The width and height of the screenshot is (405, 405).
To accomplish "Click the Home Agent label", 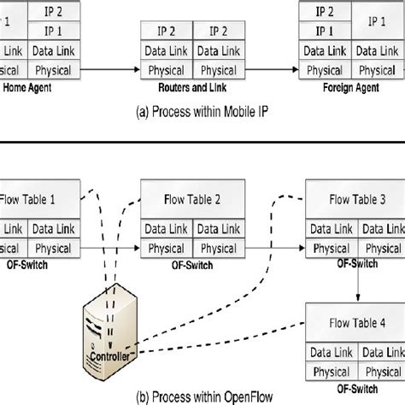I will [x=30, y=86].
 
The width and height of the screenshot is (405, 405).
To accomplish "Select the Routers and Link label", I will [x=193, y=86].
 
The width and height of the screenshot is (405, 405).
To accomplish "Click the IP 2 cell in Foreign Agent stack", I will [x=325, y=12].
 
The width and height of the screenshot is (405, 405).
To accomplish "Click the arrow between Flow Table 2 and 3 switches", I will [x=275, y=249].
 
